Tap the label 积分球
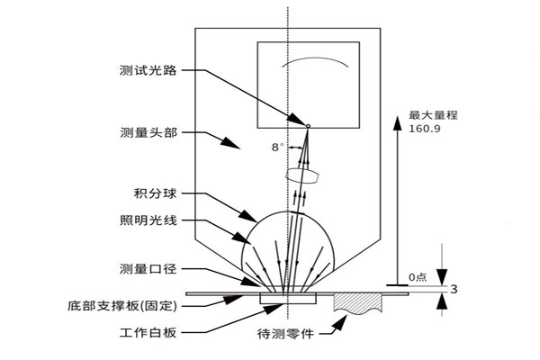pos(155,193)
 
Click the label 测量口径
pos(148,269)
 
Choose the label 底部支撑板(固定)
pos(127,305)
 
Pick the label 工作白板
pos(148,332)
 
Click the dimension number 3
pos(454,289)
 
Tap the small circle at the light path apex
pos(308,125)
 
